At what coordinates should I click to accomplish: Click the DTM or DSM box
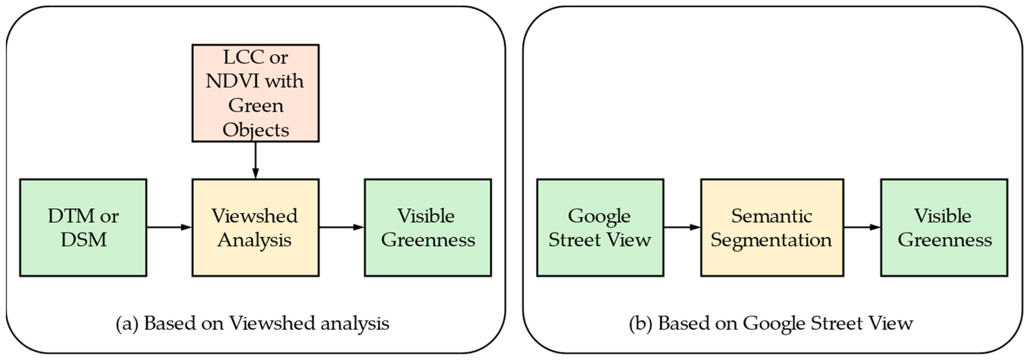[83, 227]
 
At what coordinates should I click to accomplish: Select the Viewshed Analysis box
[255, 227]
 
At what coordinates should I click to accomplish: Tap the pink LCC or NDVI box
[255, 93]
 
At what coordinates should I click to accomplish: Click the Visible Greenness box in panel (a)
[427, 227]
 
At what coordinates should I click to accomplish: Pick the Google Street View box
[600, 227]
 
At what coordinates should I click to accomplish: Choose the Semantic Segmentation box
[772, 227]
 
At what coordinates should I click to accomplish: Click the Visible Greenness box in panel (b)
[944, 227]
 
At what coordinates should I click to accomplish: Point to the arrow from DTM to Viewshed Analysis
[169, 227]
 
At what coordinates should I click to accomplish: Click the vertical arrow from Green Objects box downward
[255, 160]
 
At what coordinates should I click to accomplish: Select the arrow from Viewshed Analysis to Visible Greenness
[341, 227]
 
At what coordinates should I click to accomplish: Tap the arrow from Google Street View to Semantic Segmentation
[682, 227]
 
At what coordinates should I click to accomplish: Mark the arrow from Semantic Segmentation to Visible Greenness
[862, 227]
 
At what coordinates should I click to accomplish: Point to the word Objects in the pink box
[255, 130]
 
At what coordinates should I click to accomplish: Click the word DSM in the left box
[84, 240]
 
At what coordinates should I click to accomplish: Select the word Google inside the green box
[599, 216]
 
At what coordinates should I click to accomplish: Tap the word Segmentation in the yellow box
[771, 240]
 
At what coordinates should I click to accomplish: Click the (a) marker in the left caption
[127, 323]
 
